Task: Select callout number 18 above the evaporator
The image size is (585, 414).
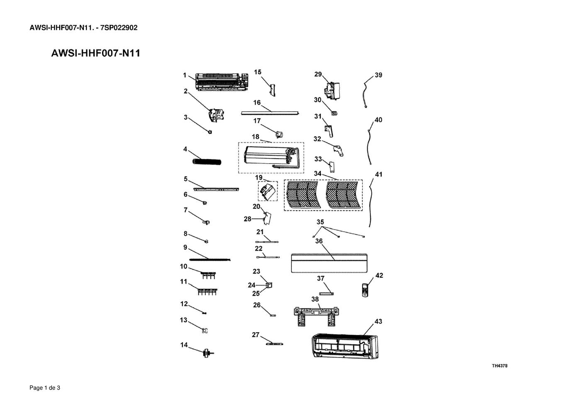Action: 256,137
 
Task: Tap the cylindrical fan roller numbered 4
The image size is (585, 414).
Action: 207,162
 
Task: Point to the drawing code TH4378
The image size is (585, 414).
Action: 500,366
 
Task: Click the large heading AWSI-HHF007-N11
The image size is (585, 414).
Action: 95,53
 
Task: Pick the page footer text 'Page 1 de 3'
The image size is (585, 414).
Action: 45,388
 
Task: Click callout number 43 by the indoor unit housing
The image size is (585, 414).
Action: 378,321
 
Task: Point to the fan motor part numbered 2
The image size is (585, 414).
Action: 216,115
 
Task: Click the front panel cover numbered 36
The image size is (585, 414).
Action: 329,263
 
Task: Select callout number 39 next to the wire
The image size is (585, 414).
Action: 378,75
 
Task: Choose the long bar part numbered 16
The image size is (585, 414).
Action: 270,113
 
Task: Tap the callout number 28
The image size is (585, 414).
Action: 247,219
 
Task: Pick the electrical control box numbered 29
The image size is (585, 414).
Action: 332,91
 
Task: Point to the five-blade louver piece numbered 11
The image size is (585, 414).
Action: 207,292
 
